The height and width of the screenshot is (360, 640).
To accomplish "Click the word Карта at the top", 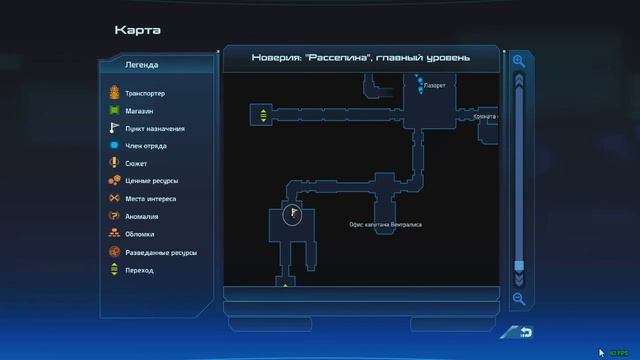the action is [x=137, y=29].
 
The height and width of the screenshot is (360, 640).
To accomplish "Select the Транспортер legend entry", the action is [x=145, y=93].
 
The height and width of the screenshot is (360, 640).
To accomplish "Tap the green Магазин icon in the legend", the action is [x=114, y=111].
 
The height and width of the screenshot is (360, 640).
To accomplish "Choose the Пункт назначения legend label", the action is [x=154, y=128].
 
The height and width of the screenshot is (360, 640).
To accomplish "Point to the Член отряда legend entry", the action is [x=145, y=146].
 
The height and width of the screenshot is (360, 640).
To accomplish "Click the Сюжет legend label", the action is [x=137, y=163].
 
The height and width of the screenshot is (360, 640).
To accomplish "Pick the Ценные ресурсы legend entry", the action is [x=150, y=181].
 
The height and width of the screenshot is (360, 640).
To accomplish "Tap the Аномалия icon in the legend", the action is [x=114, y=216].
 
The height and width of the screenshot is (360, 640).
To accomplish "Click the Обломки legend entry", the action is [x=140, y=234].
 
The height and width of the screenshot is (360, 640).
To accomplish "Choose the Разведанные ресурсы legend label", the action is [x=160, y=252].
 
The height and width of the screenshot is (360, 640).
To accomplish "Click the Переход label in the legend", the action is [x=139, y=270].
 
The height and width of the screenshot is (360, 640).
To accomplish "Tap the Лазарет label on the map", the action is [x=435, y=86].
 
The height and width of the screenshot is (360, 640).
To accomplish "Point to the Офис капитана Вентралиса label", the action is [x=385, y=224].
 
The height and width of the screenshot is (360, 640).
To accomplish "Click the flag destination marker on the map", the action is [x=293, y=213].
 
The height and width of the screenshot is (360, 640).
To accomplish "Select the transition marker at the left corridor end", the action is [x=263, y=115].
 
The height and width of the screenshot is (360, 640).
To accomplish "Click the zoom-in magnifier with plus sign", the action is [x=519, y=61].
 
